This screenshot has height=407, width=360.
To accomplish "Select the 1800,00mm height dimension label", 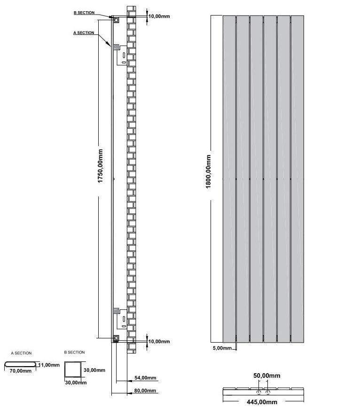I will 209,172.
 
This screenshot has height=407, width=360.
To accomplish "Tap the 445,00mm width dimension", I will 262,401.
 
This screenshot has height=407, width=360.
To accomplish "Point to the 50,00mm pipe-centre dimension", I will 266,376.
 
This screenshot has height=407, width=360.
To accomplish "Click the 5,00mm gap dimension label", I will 222,348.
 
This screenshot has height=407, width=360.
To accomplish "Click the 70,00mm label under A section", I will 20,371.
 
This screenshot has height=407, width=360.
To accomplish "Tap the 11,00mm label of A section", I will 49,365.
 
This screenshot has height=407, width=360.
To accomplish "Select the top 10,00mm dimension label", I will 159,16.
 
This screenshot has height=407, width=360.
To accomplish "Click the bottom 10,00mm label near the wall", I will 159,341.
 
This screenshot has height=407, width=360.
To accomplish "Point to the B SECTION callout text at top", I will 84,13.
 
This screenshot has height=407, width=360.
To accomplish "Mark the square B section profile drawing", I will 73,370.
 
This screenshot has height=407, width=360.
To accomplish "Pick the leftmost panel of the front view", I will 229,179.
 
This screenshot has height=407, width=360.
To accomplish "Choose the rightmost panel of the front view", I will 297,179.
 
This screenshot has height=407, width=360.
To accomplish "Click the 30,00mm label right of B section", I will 94,370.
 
